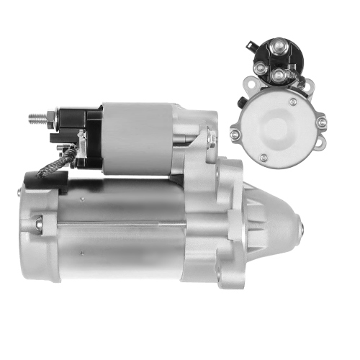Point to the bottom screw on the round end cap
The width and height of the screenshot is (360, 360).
264,156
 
